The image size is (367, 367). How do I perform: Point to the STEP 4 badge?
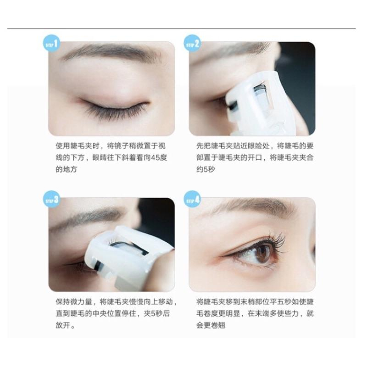click(x=193, y=200)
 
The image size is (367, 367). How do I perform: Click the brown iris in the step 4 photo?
click(x=262, y=253)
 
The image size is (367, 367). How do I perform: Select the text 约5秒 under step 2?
click(x=205, y=169)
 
